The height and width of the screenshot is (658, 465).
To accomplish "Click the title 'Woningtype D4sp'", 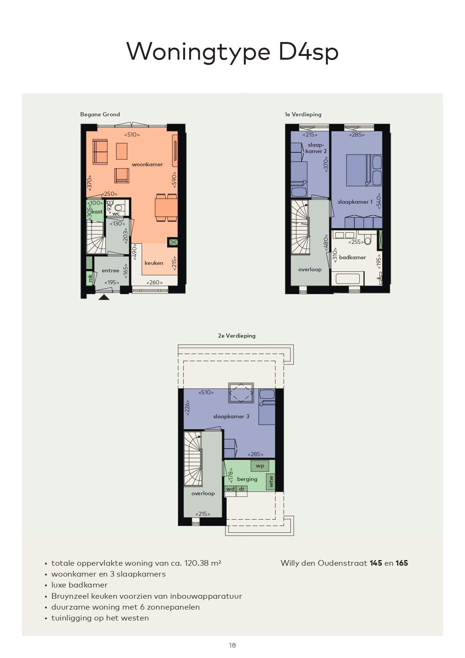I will [x=232, y=51].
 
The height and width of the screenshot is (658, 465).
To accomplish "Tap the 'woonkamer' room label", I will [x=147, y=164].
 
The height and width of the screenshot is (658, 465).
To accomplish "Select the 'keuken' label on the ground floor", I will [x=154, y=263].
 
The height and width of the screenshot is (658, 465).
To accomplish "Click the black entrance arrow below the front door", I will [x=104, y=297].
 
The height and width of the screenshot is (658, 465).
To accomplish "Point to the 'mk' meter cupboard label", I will [x=90, y=278].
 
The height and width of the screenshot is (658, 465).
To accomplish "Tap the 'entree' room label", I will [x=111, y=270].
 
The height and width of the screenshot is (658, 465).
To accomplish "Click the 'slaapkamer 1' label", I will [x=355, y=202].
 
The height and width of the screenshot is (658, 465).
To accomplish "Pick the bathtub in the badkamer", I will [x=348, y=279].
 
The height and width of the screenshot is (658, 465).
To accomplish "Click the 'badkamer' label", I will [x=352, y=257].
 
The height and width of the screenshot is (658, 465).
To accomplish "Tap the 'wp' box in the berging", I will [x=260, y=466].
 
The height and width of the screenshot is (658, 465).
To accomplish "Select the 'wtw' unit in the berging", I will [x=271, y=481].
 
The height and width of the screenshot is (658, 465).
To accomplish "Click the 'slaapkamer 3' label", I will [x=231, y=416].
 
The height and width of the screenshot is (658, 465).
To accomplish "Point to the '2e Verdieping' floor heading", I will [x=237, y=336].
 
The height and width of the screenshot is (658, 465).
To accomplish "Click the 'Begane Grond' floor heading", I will [x=100, y=114].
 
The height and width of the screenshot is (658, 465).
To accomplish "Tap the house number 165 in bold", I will [x=401, y=563].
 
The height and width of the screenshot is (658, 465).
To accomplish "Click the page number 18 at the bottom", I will [x=232, y=645].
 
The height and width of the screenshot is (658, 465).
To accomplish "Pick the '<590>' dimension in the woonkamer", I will [x=174, y=180].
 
